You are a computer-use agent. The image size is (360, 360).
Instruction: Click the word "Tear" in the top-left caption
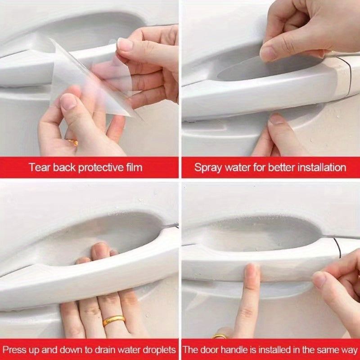tap(38, 168)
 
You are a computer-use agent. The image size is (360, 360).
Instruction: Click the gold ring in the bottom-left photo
tap(114, 320)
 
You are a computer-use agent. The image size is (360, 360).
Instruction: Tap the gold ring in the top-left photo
tap(73, 142)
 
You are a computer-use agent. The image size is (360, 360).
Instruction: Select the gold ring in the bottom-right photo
tap(220, 336)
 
